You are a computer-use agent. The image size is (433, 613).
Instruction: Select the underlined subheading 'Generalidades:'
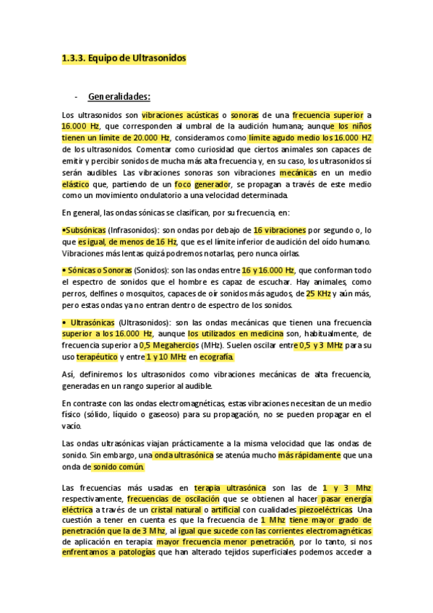click(x=119, y=95)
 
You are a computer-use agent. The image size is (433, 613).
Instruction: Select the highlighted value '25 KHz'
click(x=319, y=295)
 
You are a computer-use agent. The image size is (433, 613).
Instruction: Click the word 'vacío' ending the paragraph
click(x=71, y=426)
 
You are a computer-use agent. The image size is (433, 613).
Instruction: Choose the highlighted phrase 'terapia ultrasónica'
click(x=230, y=489)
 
